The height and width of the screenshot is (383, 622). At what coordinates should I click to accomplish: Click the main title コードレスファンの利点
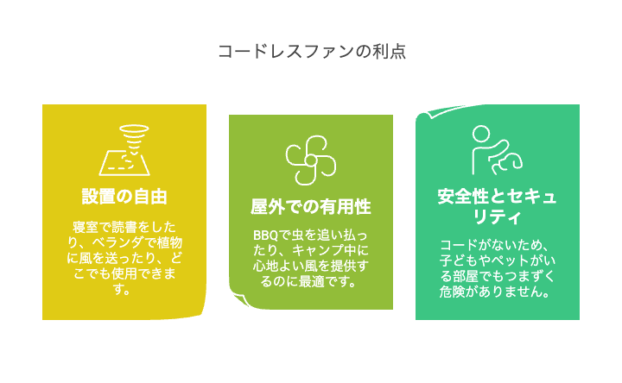click(x=312, y=52)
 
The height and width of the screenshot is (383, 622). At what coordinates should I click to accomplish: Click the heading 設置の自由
click(x=124, y=197)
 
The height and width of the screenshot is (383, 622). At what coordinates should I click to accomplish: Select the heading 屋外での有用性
click(x=311, y=207)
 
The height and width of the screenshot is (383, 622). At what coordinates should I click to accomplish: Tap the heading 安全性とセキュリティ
click(x=497, y=206)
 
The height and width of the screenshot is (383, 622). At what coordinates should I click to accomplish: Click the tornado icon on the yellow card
click(x=124, y=150)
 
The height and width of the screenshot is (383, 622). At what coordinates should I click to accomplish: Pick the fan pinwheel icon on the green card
click(x=311, y=160)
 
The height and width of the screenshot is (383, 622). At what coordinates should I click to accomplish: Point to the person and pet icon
click(x=497, y=150)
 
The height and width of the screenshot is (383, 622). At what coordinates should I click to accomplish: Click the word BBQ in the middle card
click(x=265, y=235)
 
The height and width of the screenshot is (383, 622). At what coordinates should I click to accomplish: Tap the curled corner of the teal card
click(x=424, y=116)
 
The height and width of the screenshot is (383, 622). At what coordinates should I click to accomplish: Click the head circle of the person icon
click(x=481, y=134)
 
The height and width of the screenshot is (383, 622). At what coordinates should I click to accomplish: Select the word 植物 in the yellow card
click(x=169, y=242)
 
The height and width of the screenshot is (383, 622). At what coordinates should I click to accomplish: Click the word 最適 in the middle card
click(x=312, y=281)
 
